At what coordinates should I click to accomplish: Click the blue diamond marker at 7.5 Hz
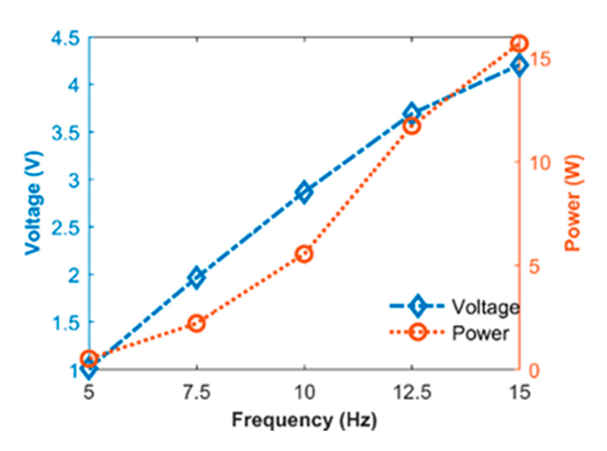tap(196, 277)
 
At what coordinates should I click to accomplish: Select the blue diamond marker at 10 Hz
tap(304, 192)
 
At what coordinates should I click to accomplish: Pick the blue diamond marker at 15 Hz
tap(519, 65)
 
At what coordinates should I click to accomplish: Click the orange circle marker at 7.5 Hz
tap(196, 323)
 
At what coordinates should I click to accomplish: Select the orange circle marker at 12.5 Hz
tap(412, 126)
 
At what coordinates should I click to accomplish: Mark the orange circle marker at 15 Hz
tap(519, 44)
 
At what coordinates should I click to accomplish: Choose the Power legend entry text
tap(480, 333)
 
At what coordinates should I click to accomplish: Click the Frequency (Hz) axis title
tap(304, 421)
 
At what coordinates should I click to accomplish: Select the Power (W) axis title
tap(573, 203)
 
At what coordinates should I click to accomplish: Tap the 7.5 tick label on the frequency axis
tap(196, 393)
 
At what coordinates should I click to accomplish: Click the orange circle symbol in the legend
tap(417, 332)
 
